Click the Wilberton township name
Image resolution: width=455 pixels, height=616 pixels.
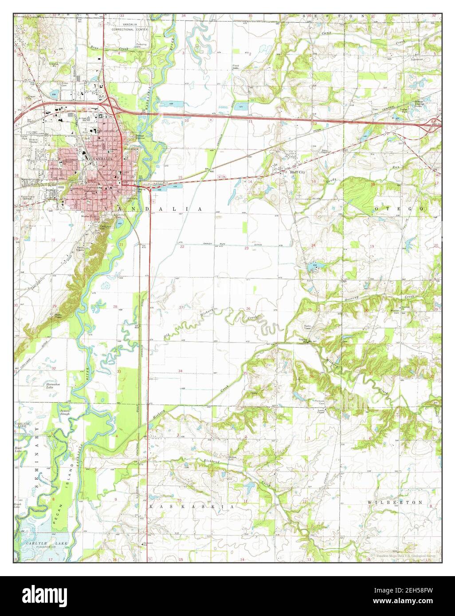tap(395, 503)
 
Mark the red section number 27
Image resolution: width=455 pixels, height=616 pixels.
tap(181, 307)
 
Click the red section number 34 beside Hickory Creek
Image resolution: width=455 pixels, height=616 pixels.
tap(180, 370)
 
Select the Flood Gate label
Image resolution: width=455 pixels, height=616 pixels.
tap(237, 68)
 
